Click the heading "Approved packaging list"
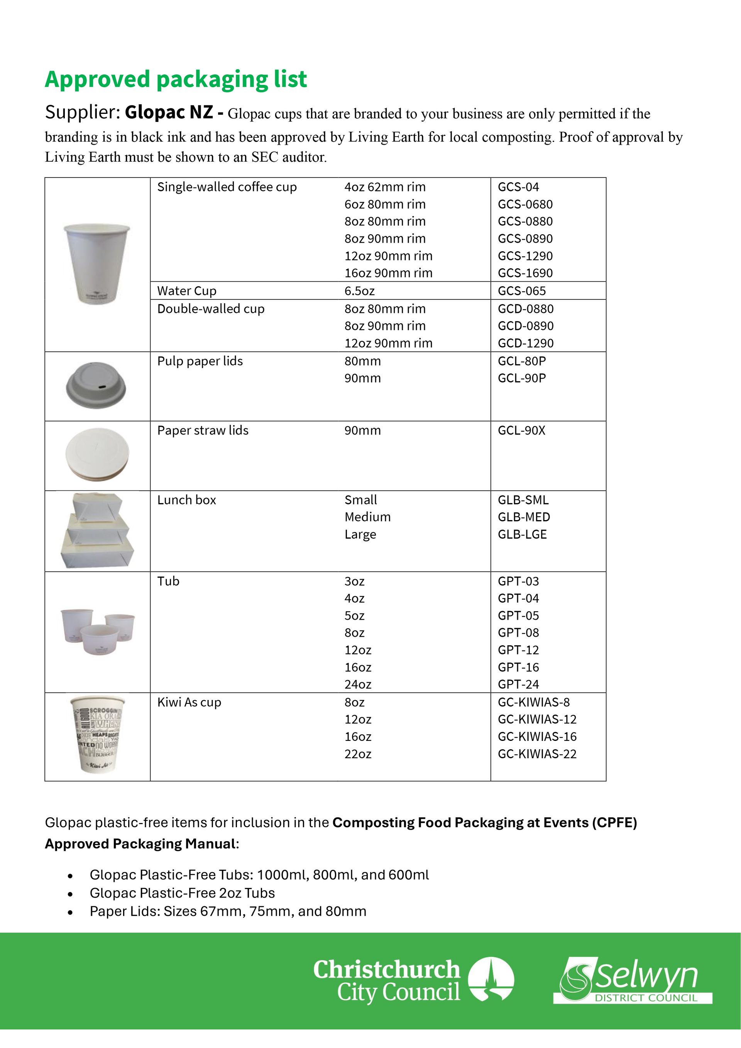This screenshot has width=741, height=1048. point(176,79)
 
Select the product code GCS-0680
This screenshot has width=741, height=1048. point(525,204)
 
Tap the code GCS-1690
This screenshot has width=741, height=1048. point(525,273)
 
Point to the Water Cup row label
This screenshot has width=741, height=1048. point(187,291)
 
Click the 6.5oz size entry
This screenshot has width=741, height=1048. point(359,291)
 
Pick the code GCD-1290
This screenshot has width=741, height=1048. point(526,343)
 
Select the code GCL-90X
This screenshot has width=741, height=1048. point(521,431)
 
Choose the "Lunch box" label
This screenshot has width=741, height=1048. point(186,500)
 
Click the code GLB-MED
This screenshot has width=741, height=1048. point(524,517)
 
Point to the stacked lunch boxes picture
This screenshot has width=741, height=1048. point(97,531)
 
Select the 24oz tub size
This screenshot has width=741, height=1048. point(358,684)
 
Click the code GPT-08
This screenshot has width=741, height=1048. point(518,633)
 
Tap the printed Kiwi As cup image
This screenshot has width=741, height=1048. point(97,735)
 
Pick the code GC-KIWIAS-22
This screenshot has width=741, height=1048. point(537,754)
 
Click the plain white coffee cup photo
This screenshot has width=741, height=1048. point(96,264)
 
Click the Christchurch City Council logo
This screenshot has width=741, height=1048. point(413,980)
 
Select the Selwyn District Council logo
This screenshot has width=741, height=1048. point(632,980)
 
